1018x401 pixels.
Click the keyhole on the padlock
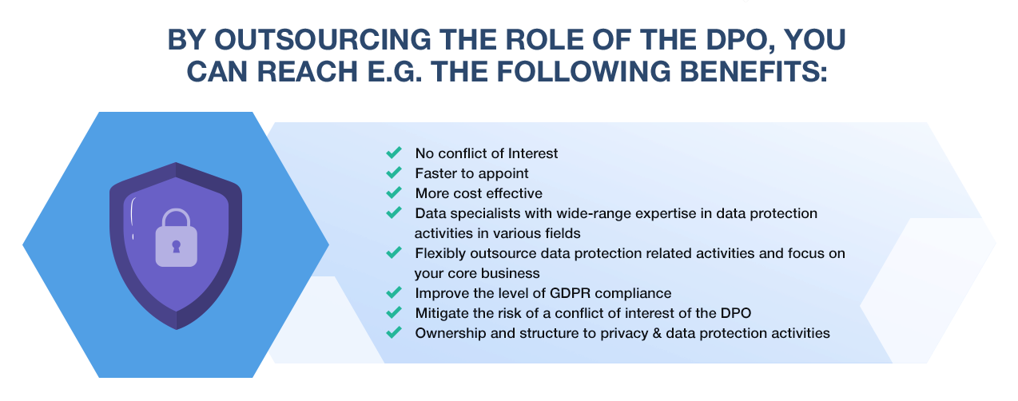pyautogui.click(x=177, y=247)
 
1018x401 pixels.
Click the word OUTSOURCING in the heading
pyautogui.click(x=322, y=39)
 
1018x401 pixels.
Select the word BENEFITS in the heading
pyautogui.click(x=754, y=71)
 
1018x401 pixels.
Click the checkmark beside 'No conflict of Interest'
pyautogui.click(x=394, y=153)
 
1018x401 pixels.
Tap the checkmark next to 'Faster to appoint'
pyautogui.click(x=394, y=173)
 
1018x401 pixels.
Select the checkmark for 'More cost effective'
pyautogui.click(x=394, y=193)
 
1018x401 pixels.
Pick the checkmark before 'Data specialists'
pyautogui.click(x=394, y=212)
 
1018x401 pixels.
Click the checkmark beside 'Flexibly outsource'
pyautogui.click(x=394, y=252)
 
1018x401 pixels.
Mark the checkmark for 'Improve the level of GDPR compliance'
pyautogui.click(x=394, y=292)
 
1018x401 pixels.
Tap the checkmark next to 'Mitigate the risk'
pyautogui.click(x=394, y=312)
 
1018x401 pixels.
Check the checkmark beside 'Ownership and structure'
pyautogui.click(x=394, y=332)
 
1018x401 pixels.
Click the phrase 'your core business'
pyautogui.click(x=477, y=273)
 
